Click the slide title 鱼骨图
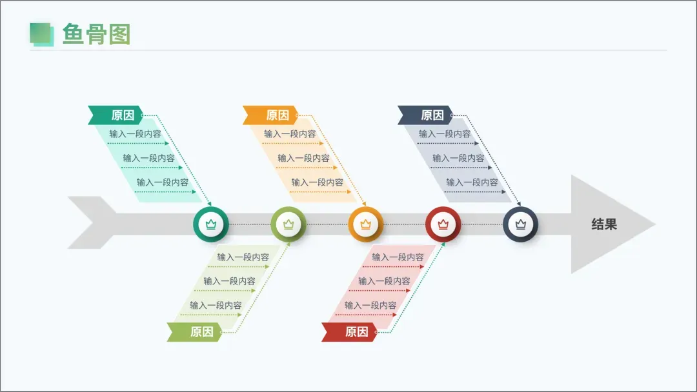(96, 34)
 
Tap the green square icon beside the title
(41, 34)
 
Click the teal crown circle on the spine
(210, 224)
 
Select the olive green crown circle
(288, 224)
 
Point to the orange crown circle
(366, 224)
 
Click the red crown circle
(443, 224)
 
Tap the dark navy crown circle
(520, 224)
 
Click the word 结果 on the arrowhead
(604, 224)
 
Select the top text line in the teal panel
(135, 134)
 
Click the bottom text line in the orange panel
(317, 182)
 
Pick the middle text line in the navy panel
(458, 158)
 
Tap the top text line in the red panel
(398, 257)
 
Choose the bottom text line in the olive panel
(216, 306)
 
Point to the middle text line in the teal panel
(148, 158)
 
